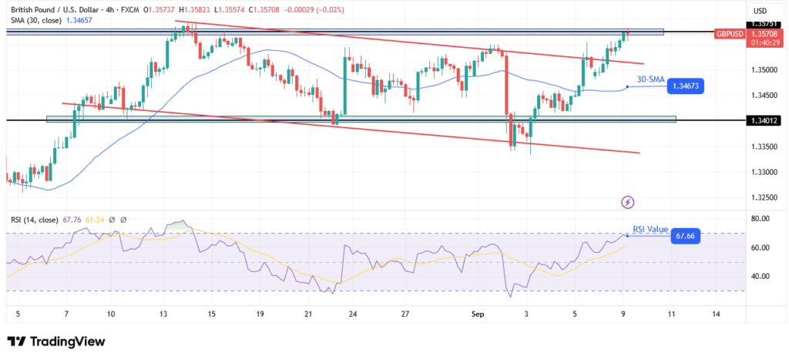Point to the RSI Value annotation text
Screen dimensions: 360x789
[650, 228]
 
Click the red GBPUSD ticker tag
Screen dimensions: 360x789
[729, 34]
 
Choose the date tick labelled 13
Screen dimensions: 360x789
[164, 315]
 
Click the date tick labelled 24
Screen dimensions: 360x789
[352, 315]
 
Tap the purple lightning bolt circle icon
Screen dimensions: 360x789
[628, 202]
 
